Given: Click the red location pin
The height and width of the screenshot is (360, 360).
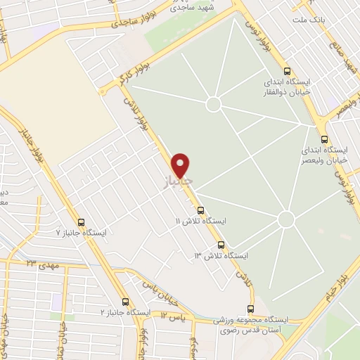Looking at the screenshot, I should pos(181,165).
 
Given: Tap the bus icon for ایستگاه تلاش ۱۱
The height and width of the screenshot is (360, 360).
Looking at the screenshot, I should pos(201,210).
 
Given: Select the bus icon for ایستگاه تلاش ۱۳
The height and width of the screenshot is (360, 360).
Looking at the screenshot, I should pos(221,245).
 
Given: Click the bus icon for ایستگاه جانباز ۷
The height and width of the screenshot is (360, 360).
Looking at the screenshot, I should pos(81,222).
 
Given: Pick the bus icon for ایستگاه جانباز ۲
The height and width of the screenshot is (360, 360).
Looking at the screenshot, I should pos(125,301).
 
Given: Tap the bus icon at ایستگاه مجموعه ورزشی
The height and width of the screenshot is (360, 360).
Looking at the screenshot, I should pos(251,309).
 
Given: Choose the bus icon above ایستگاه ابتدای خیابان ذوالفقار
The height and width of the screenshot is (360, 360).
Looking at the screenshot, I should pos(286,70).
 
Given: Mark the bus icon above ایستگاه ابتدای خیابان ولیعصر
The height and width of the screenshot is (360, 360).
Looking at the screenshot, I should pos(324,139).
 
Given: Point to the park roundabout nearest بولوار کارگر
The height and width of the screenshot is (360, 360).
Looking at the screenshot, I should pos(214,103).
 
